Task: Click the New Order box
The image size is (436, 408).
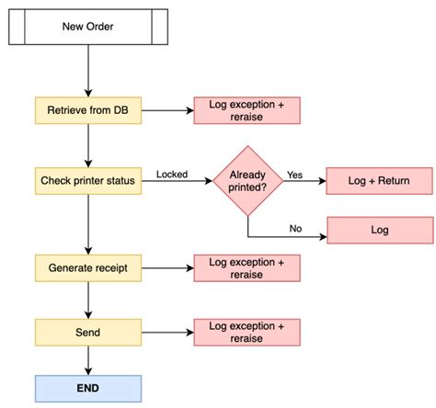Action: (x=88, y=26)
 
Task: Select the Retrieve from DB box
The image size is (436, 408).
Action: (x=88, y=111)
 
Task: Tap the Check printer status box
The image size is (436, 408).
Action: (x=88, y=180)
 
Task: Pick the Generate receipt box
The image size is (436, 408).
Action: (x=88, y=267)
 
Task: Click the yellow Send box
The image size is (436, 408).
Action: (x=88, y=331)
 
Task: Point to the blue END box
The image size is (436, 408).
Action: (x=88, y=389)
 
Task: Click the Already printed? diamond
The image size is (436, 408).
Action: (x=248, y=180)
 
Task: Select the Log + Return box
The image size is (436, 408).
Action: (x=380, y=180)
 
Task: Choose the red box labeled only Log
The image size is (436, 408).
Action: (x=380, y=231)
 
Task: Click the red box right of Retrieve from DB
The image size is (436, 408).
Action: (x=246, y=111)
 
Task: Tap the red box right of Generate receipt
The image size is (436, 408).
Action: (x=246, y=267)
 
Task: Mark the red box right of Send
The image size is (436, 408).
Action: (x=246, y=331)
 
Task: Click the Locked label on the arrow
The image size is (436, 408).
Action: (x=173, y=174)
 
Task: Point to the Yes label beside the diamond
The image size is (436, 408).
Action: (x=295, y=174)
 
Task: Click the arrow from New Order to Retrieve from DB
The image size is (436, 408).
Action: (x=88, y=70)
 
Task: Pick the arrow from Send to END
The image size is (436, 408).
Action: (x=88, y=360)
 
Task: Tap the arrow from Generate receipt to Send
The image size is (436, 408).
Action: (x=88, y=300)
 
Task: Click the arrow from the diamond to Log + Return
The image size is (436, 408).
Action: (x=304, y=181)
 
